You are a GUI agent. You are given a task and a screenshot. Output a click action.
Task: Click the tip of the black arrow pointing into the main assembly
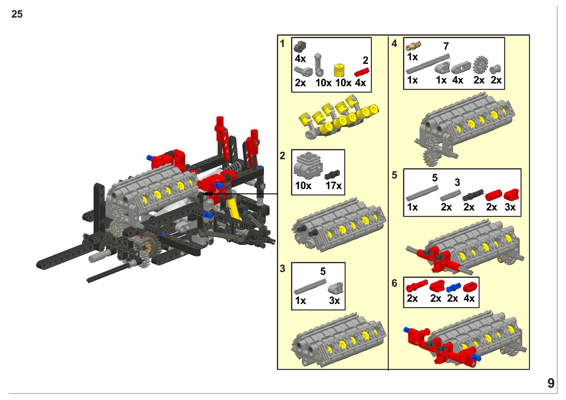coord(202,194)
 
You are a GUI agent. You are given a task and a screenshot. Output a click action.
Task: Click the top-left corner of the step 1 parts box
coord(291,37)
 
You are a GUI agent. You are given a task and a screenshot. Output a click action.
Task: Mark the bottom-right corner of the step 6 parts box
coord(479,308)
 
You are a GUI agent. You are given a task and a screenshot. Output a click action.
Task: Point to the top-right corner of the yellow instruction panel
coord(529,35)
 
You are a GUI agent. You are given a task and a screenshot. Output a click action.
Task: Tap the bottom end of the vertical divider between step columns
coord(388,370)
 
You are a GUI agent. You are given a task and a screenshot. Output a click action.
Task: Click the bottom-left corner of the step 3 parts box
coord(291,310)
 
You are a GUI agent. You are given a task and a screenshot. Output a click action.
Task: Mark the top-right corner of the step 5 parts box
coord(521,169)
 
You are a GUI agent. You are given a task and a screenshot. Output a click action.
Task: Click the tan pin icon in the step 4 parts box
coord(414,46)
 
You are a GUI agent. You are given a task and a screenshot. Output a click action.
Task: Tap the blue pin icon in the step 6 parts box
coord(454,288)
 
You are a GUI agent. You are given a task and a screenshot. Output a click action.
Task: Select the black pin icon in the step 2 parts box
coord(332,174)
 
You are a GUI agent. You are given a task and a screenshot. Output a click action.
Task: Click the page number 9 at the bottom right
coord(551,383)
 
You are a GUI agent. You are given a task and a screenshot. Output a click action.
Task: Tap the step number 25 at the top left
coord(17,14)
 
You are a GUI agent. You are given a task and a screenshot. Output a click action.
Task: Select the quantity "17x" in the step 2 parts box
coord(333,186)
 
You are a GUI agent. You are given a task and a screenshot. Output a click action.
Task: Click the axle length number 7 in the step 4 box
coord(446,46)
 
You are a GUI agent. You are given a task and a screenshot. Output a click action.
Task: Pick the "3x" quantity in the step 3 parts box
coord(334,301)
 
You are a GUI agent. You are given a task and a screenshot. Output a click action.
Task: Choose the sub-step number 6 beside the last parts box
coord(394,283)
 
